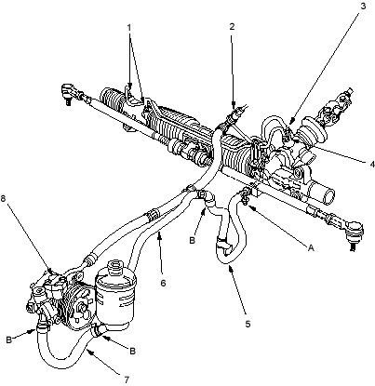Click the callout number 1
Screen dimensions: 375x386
129,27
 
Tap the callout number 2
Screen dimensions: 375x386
232,27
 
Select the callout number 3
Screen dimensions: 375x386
363,6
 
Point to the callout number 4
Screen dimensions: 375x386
372,165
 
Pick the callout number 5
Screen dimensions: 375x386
248,324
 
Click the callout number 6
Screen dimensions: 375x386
163,283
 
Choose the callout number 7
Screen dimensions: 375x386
127,379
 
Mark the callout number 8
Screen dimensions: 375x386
3,199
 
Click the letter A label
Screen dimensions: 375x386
311,247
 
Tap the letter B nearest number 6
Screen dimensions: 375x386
193,241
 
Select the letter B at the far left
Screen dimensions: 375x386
9,339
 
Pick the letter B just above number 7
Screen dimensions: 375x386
132,351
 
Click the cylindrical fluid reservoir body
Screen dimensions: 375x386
115,299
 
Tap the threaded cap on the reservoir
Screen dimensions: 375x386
114,266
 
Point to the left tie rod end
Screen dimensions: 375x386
68,92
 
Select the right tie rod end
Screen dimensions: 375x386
354,233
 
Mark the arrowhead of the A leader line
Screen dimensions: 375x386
250,206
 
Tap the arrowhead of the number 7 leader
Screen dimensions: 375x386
87,350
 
